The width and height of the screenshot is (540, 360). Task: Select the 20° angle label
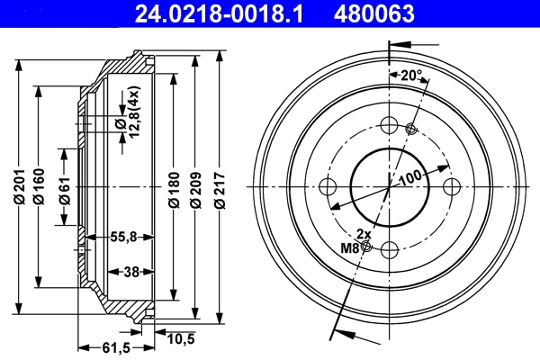click(x=412, y=76)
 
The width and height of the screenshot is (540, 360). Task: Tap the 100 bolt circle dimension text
click(x=410, y=178)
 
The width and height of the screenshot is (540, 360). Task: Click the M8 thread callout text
click(x=349, y=247)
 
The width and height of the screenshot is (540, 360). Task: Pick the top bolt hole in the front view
click(x=390, y=125)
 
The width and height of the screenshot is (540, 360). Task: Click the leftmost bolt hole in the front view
click(x=328, y=186)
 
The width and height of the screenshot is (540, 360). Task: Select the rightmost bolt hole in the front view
click(x=451, y=186)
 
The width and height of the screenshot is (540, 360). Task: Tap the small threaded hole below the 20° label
click(x=411, y=129)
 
